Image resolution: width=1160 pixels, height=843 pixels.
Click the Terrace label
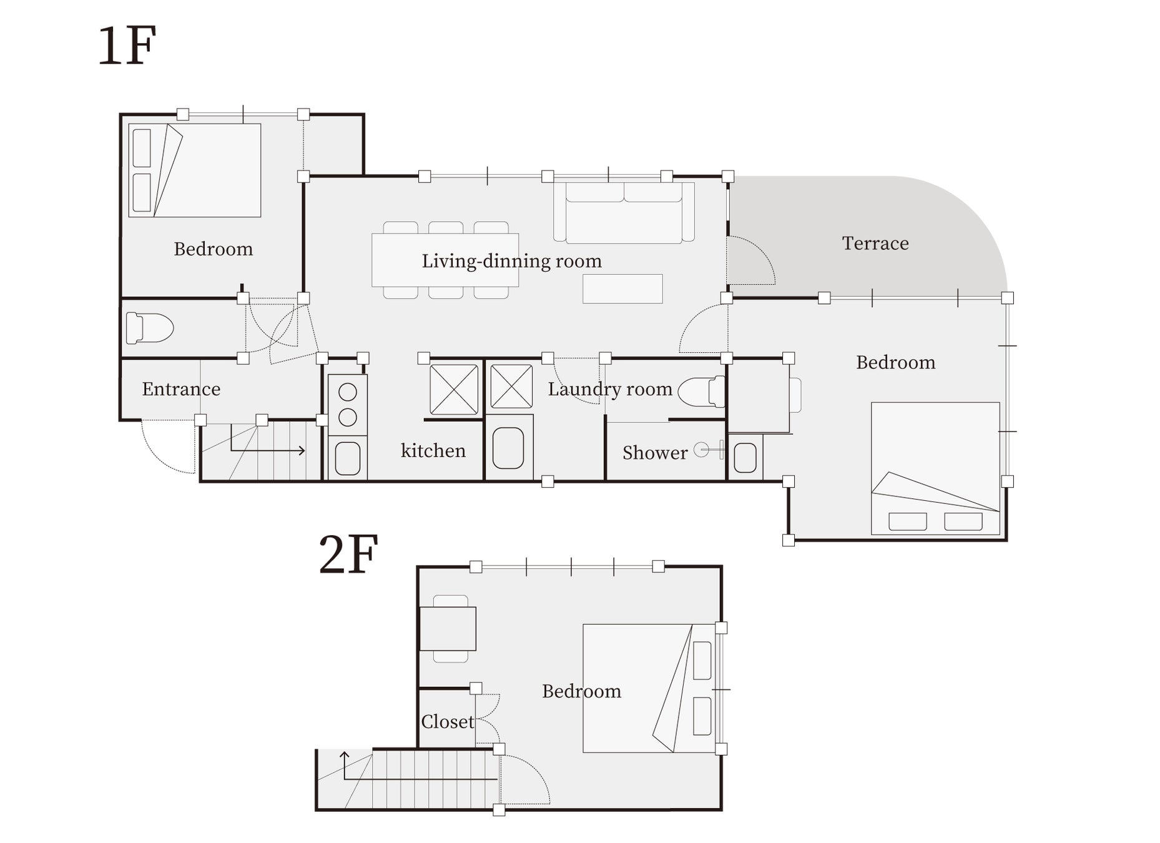point(875,243)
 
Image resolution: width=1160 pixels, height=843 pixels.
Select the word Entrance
point(181,389)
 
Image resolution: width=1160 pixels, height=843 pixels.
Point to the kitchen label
point(433,450)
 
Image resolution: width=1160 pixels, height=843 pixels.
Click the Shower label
point(655,453)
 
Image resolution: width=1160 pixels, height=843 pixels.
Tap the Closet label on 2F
point(448,722)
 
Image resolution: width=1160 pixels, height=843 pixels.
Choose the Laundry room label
point(610,389)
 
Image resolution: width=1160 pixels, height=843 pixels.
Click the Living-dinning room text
point(511,261)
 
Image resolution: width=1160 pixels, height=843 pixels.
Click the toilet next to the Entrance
point(149,328)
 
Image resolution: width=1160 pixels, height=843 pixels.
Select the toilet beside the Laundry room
point(701,392)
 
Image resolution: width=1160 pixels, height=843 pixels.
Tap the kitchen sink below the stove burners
point(348,458)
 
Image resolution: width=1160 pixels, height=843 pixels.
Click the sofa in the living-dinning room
point(624,212)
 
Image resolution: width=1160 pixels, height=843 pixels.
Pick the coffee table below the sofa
point(622,289)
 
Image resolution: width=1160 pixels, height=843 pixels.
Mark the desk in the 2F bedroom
point(448,629)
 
